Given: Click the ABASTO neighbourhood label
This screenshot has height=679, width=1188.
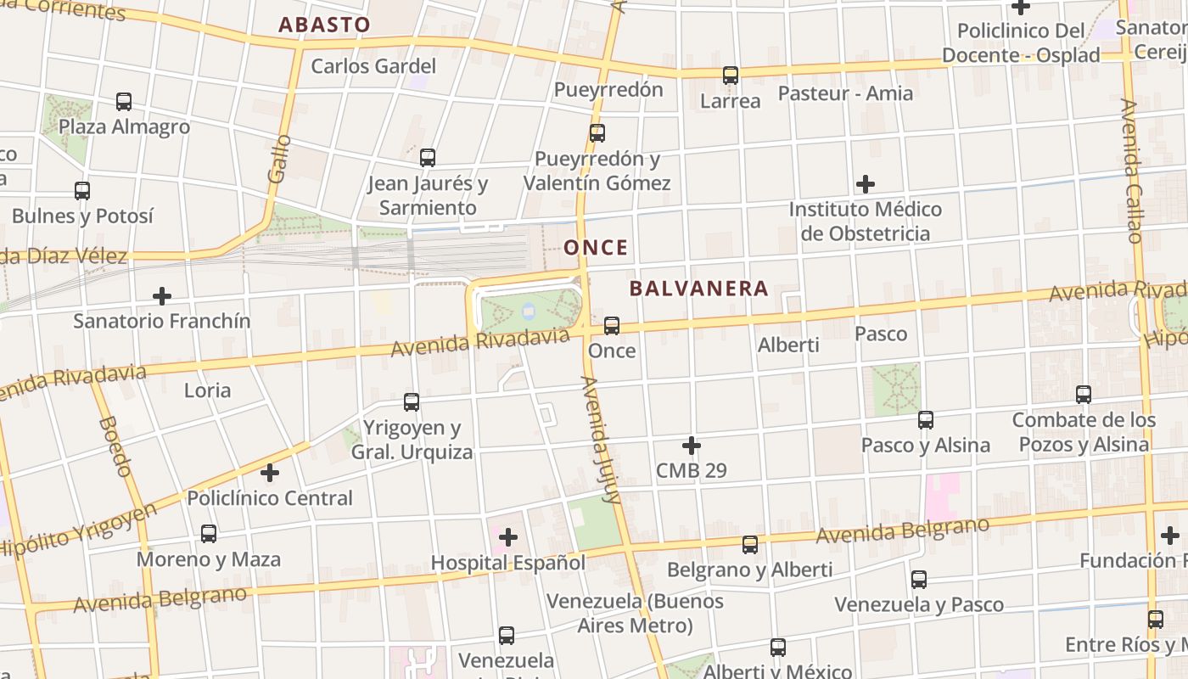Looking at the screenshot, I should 325,25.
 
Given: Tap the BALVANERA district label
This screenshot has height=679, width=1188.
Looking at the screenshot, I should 699,289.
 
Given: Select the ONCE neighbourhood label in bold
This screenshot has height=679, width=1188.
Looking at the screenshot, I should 597,248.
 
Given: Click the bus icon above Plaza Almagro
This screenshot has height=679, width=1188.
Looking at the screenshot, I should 124,102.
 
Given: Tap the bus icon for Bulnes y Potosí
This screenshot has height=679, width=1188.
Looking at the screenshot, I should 82,191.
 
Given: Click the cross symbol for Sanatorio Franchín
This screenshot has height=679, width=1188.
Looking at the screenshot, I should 162,296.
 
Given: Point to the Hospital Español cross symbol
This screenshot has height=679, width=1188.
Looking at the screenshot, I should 508,537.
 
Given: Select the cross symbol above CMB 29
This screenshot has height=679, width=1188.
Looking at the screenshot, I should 692,446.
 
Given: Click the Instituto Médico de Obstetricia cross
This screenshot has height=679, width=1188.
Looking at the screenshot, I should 866,184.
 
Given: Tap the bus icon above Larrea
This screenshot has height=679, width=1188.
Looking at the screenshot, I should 731,76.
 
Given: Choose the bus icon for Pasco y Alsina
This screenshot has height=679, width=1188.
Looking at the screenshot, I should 926,420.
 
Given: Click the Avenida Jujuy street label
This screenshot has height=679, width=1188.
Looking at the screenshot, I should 600,440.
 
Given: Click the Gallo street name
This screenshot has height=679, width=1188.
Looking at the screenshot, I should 278,159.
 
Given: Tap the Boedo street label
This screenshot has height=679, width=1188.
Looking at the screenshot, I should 115,446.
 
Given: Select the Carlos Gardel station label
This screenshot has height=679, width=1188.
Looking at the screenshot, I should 373,66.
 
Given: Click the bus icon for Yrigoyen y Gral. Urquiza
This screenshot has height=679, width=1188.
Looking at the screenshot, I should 412,402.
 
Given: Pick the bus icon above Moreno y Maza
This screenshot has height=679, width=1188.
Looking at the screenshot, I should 209,534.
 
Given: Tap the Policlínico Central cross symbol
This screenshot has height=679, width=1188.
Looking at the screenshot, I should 270,473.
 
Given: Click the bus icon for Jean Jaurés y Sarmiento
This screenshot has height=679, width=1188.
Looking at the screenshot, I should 428,157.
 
